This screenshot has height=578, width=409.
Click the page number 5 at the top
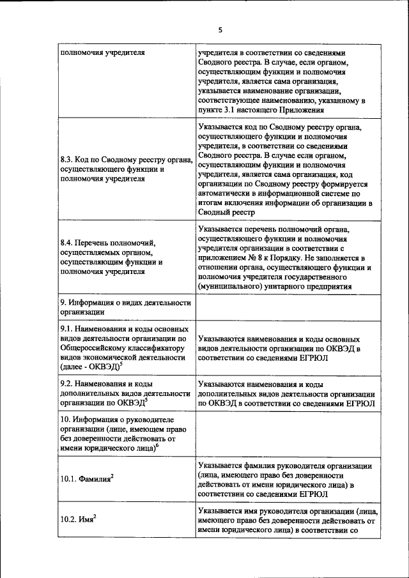(x=220, y=29)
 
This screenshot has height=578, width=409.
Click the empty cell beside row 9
(x=287, y=307)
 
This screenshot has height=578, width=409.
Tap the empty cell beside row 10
(x=287, y=432)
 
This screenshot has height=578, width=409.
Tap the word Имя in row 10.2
(x=86, y=521)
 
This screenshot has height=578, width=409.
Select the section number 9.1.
(x=67, y=330)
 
